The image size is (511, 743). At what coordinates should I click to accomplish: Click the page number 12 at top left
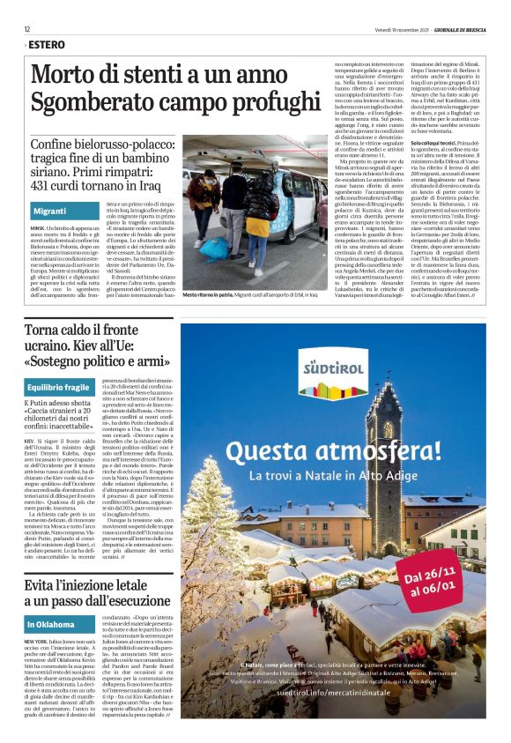[x=27, y=29]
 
